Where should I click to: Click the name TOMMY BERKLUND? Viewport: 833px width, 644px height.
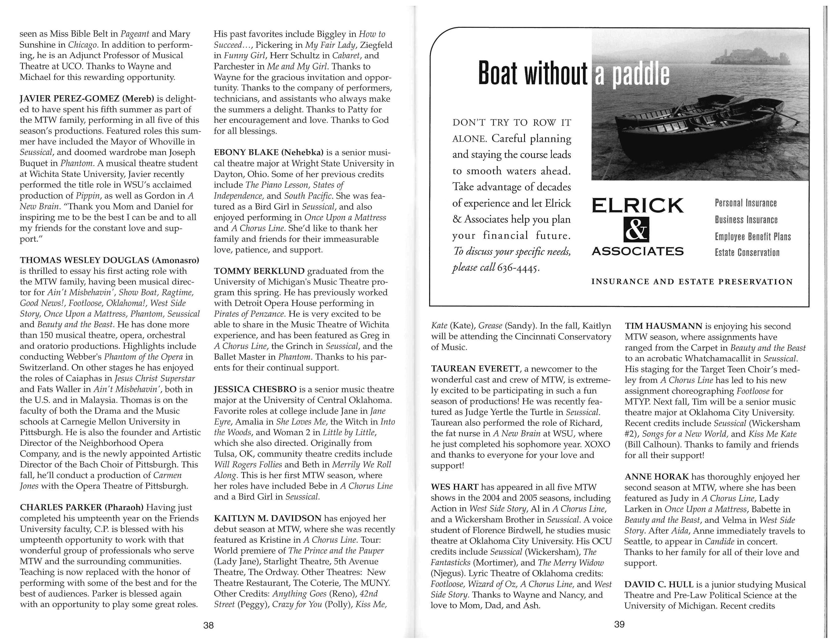(259, 271)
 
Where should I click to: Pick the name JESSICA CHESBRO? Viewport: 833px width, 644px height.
(255, 389)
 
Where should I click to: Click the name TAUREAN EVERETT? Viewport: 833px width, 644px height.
(475, 369)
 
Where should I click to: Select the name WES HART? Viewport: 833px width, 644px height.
(454, 487)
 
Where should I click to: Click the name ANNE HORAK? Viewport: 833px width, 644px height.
(656, 477)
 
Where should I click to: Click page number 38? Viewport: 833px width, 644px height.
(208, 625)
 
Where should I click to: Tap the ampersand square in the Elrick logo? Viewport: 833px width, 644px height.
(636, 229)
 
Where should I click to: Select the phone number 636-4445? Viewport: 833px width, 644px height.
(519, 267)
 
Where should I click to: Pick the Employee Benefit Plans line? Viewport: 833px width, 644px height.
(752, 237)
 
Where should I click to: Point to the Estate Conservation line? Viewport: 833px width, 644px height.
(747, 253)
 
